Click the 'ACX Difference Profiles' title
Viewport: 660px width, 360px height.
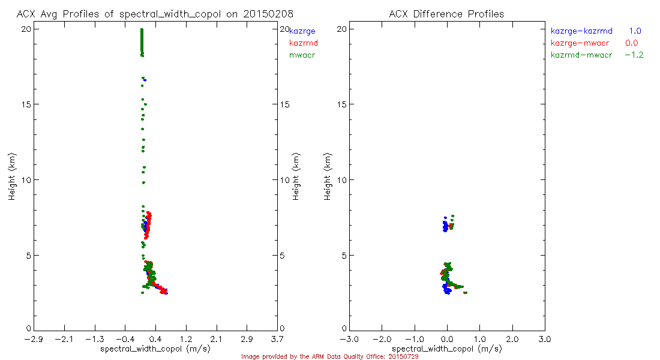(x=446, y=13)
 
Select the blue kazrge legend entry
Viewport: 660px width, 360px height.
(x=302, y=31)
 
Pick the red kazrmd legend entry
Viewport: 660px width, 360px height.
(x=303, y=43)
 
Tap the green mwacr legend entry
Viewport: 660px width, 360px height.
(x=302, y=55)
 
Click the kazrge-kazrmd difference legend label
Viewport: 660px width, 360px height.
(x=581, y=31)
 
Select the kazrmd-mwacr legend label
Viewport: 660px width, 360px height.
(x=581, y=55)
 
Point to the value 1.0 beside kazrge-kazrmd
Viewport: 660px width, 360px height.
(x=635, y=31)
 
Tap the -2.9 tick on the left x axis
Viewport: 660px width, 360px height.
(x=34, y=339)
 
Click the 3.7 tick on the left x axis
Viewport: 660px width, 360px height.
(x=277, y=339)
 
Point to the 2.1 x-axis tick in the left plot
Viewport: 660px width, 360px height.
(x=216, y=339)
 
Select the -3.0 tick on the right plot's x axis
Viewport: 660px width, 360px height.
(x=349, y=339)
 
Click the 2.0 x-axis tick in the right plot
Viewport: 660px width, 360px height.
(x=512, y=339)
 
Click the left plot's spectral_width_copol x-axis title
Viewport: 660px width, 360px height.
(x=155, y=349)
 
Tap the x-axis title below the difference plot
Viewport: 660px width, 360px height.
(x=446, y=349)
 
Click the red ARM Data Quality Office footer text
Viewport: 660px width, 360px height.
(x=329, y=356)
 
